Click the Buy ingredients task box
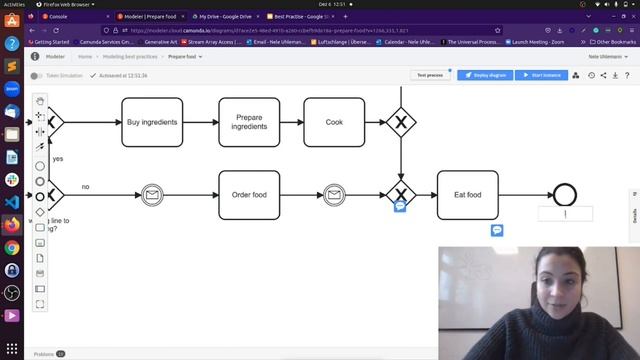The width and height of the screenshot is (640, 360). [152, 122]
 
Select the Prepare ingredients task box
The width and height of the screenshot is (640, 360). [249, 122]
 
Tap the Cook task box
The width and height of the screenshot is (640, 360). [334, 122]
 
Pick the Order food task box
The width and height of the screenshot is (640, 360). [249, 195]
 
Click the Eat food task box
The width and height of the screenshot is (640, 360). [467, 195]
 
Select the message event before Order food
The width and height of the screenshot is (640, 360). [152, 195]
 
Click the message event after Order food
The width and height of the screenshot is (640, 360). [334, 195]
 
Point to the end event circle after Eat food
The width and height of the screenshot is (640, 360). [565, 195]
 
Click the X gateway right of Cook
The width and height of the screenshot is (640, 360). [401, 122]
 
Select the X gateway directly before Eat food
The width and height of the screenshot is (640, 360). [401, 195]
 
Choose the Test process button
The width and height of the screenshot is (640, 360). [430, 75]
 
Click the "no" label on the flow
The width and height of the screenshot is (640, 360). [85, 187]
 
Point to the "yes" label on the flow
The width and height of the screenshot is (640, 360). [58, 159]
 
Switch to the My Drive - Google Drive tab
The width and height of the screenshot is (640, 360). [223, 17]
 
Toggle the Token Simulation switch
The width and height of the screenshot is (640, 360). [36, 75]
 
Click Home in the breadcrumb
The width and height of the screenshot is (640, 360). [85, 57]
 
